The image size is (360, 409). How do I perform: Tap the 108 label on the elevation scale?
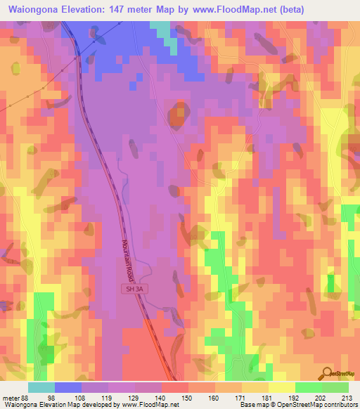point(82,397)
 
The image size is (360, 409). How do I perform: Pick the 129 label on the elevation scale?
point(136,397)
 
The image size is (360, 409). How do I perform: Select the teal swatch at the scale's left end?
point(41,387)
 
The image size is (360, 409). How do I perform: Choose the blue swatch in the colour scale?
point(68,387)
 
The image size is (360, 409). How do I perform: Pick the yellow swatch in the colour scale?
point(282,387)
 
